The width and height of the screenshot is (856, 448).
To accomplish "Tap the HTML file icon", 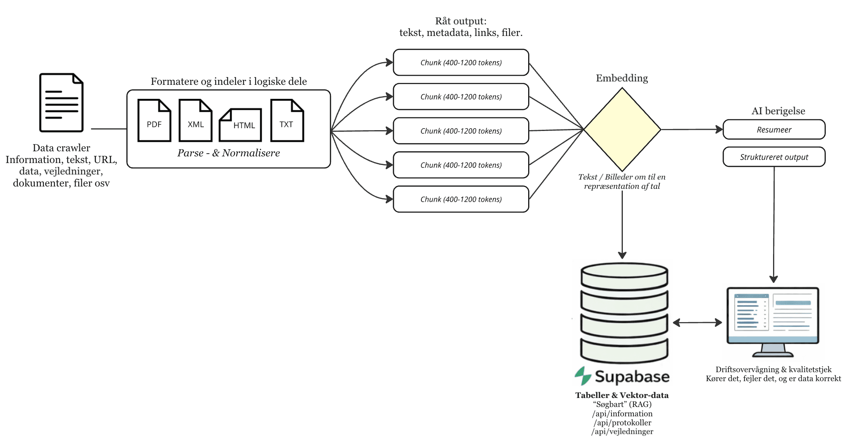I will tap(240, 125).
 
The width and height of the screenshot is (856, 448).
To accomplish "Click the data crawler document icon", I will tap(61, 102).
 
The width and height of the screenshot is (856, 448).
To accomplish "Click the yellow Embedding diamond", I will tap(622, 129).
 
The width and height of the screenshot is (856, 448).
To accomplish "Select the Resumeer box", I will tap(773, 130).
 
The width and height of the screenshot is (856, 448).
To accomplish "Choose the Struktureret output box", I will tap(773, 157).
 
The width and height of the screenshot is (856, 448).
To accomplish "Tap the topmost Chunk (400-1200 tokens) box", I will tap(460, 63).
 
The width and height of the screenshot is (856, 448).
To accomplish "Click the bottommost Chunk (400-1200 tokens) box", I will tap(460, 199).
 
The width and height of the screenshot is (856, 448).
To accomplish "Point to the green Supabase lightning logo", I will tap(583, 376).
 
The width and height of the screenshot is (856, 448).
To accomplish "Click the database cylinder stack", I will tap(624, 313).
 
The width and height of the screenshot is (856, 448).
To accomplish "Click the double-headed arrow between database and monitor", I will tap(697, 323).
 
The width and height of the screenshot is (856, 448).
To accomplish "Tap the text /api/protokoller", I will tap(622, 423).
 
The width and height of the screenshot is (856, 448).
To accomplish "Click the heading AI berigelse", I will tap(778, 111).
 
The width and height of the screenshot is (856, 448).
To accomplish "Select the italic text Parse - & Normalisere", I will tap(228, 153).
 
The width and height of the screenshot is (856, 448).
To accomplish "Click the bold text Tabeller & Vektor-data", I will tap(622, 395).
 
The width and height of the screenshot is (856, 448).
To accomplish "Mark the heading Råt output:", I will tap(460, 21).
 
